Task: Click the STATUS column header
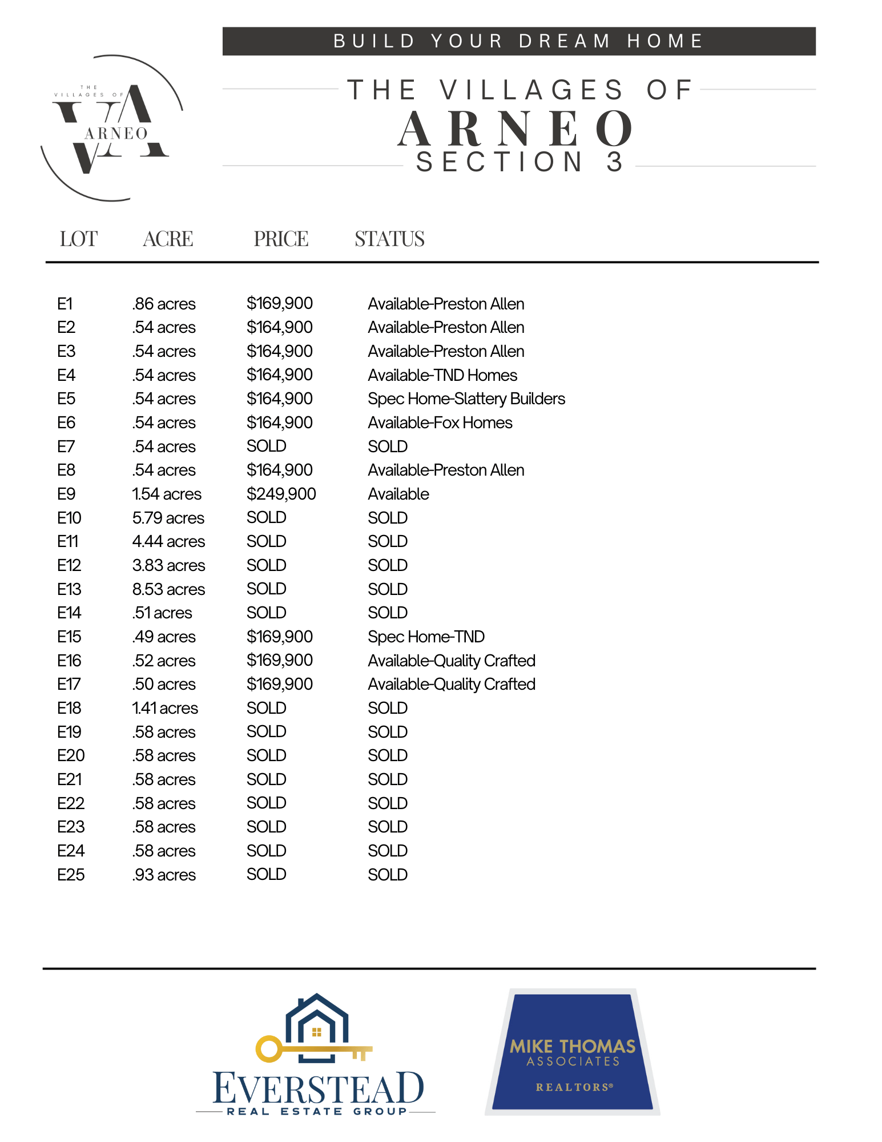pos(389,239)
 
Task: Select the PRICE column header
pos(281,239)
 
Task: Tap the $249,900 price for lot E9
pos(281,494)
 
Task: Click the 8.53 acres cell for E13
pos(168,589)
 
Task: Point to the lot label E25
pos(71,875)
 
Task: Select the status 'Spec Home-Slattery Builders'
pos(466,399)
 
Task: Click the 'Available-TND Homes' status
pos(442,375)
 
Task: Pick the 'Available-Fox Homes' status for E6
pos(440,423)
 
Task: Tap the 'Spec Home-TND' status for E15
pos(426,637)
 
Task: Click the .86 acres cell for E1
pos(164,304)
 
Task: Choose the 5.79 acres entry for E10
pos(168,518)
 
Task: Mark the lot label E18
pos(69,708)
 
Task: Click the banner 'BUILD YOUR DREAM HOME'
pos(518,41)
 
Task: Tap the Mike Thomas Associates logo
pos(572,1052)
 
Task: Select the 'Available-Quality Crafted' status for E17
pos(451,684)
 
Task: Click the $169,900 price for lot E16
pos(279,661)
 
